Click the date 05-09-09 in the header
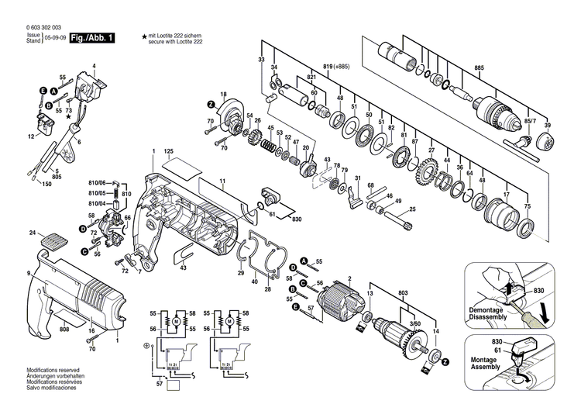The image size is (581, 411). click(54, 37)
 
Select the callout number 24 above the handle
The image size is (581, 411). click(33, 233)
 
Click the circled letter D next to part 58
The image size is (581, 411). click(81, 228)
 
